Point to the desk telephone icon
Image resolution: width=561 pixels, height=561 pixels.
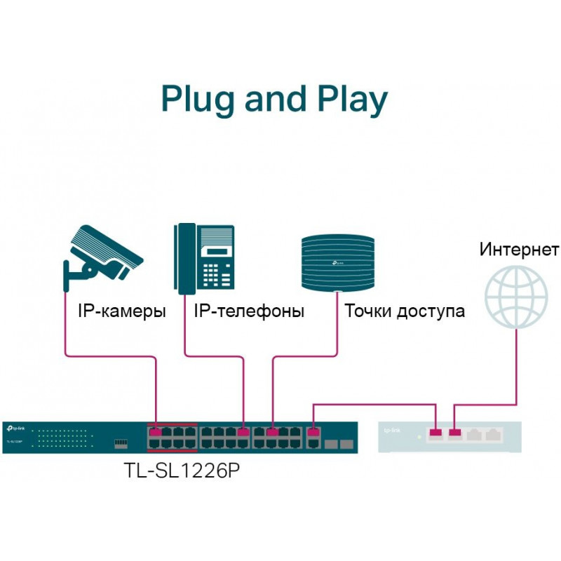pos(204,259)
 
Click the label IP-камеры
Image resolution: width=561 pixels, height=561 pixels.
pos(121,311)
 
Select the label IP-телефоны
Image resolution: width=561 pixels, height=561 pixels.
pos(249,311)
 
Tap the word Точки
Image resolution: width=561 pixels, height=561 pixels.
pos(367,311)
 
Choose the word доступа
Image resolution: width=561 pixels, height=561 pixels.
pos(431,311)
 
